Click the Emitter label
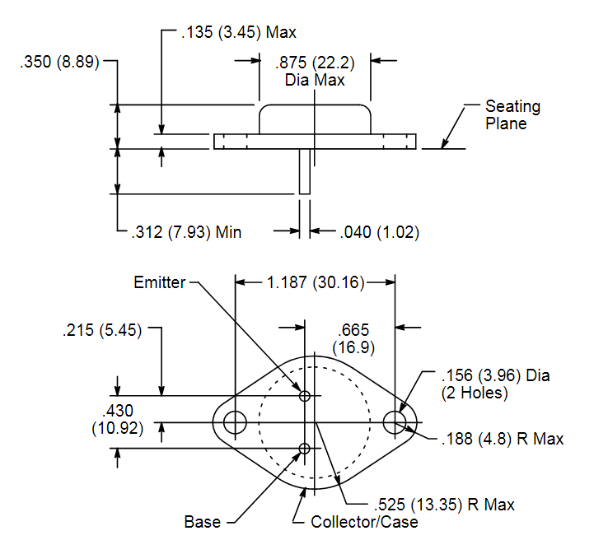[x=160, y=282]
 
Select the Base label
[x=203, y=522]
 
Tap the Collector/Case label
[x=364, y=522]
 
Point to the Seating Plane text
[x=513, y=114]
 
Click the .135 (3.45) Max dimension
[x=239, y=32]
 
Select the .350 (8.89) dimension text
[x=59, y=62]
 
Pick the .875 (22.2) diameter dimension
[x=315, y=71]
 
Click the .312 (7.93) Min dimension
[x=186, y=232]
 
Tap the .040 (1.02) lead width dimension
[x=380, y=232]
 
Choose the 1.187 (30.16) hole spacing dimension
[x=316, y=282]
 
